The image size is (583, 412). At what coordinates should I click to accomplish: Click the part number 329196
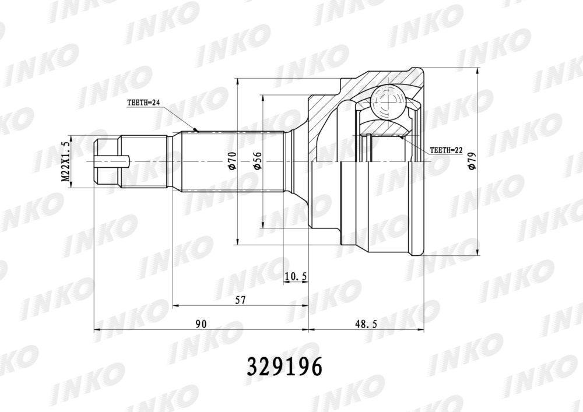pyautogui.click(x=285, y=367)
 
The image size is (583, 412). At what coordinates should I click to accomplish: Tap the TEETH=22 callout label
pyautogui.click(x=446, y=150)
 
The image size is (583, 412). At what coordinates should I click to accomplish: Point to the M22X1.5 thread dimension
pyautogui.click(x=66, y=161)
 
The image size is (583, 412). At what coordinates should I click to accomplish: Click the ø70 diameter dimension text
pyautogui.click(x=233, y=161)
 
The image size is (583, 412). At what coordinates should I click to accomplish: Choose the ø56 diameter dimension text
pyautogui.click(x=258, y=161)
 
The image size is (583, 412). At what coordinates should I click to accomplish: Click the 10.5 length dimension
pyautogui.click(x=296, y=276)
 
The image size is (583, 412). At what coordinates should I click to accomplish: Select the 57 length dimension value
pyautogui.click(x=241, y=300)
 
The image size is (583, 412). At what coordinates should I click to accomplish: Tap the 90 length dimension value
pyautogui.click(x=201, y=323)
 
